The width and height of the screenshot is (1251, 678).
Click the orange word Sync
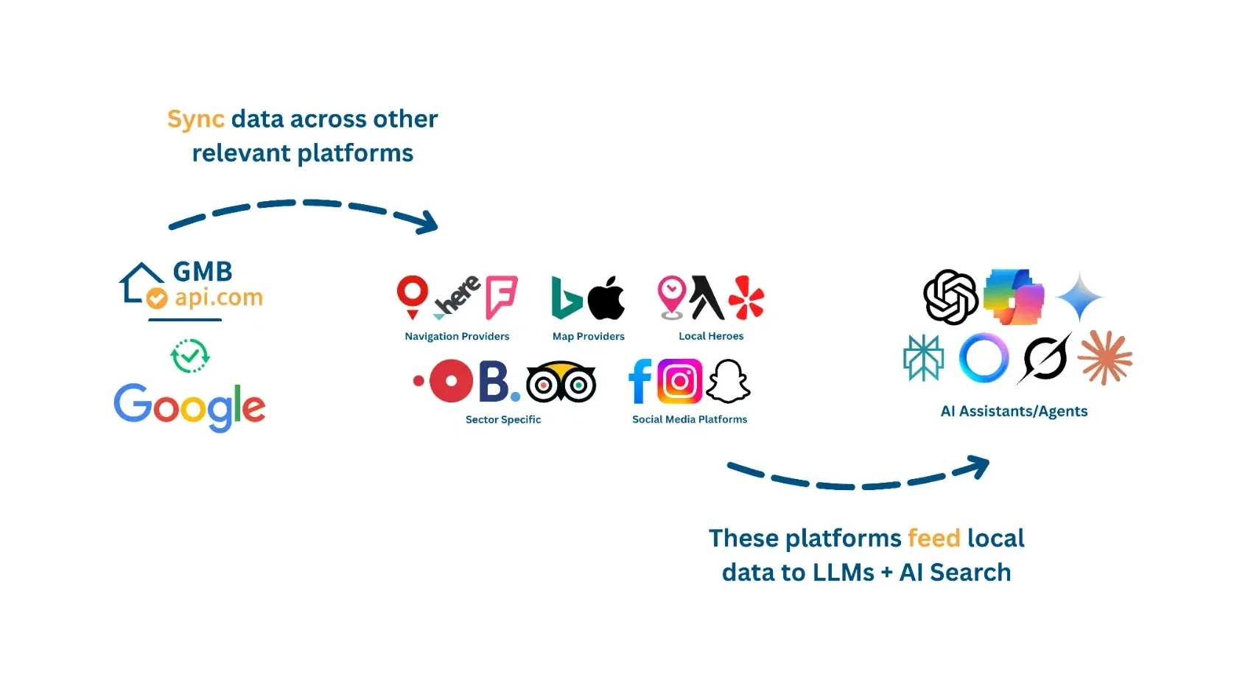195,119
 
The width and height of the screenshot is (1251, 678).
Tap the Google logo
189,406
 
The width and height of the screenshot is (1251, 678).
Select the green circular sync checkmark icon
190,356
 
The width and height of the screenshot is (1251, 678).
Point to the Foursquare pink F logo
502,297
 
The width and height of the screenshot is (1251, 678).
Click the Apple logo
606,298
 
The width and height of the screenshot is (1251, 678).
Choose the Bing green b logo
567,298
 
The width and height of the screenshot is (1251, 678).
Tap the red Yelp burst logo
746,298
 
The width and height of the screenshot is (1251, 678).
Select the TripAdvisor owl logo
561,382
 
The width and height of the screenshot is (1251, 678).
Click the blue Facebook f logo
640,381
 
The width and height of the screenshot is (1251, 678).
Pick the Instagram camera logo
679,381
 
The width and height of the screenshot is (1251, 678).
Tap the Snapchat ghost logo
728,381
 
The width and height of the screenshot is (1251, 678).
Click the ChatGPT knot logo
951,297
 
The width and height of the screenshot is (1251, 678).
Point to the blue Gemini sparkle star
1079,297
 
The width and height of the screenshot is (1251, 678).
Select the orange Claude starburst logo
1104,358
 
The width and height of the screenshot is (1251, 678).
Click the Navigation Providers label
457,336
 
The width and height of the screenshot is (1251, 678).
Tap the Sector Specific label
503,419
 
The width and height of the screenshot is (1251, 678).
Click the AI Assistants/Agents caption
1014,411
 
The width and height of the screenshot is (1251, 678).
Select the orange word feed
933,538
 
